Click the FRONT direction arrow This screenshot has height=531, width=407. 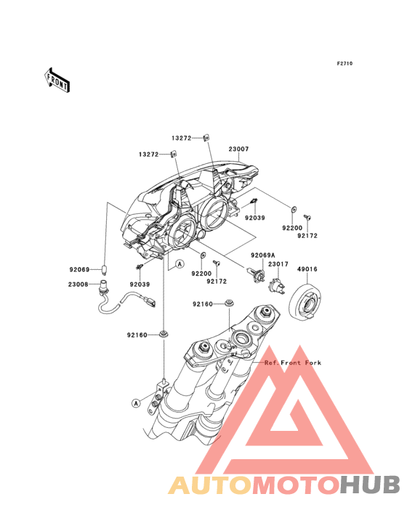click(x=57, y=81)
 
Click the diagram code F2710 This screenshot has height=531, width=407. click(x=344, y=63)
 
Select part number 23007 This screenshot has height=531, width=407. click(x=238, y=149)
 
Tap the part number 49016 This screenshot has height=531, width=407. click(x=307, y=269)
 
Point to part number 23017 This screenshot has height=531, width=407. click(x=278, y=264)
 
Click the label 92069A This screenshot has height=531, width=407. click(x=263, y=255)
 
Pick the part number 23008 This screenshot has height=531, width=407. click(x=78, y=284)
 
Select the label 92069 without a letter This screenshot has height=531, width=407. click(x=79, y=270)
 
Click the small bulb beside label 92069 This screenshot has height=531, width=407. click(x=105, y=271)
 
